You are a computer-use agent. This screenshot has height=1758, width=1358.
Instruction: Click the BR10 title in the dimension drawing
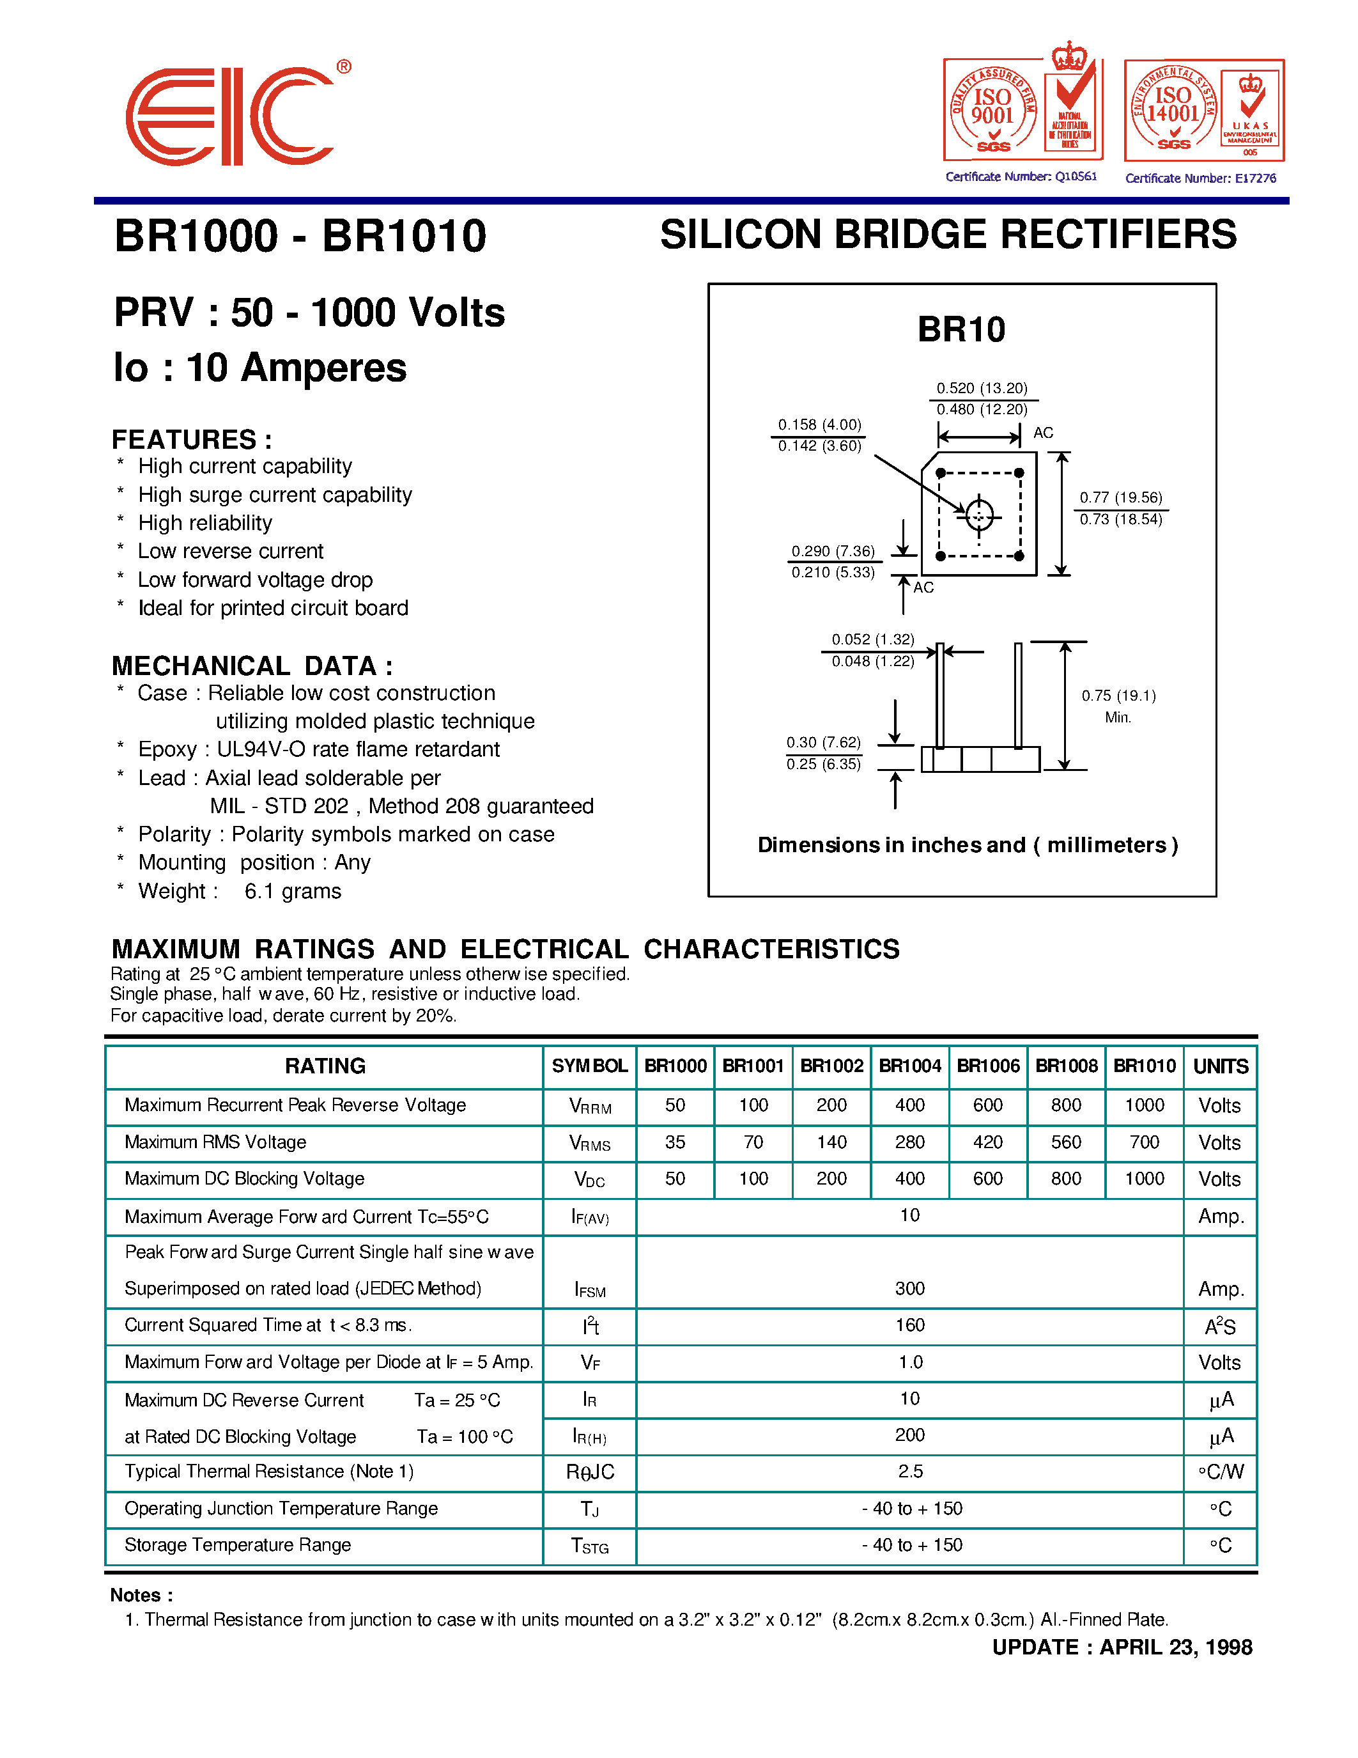961,330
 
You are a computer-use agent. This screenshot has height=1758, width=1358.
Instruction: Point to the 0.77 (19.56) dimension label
1121,497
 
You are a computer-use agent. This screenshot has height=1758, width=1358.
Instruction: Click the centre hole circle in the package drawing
979,515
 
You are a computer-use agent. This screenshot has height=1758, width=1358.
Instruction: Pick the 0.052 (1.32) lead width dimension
873,640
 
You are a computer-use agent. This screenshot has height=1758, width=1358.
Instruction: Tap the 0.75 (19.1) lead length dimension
1118,696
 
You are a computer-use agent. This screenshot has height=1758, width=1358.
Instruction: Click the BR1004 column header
910,1066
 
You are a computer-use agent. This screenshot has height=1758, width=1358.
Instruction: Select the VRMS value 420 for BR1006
988,1142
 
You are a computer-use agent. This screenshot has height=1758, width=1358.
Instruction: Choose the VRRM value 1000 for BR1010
1144,1105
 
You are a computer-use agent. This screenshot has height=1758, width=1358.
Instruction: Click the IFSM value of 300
910,1289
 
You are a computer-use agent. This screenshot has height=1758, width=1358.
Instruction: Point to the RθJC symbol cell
590,1472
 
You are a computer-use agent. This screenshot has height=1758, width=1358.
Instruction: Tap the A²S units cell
1219,1326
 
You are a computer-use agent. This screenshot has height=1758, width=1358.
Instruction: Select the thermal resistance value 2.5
910,1472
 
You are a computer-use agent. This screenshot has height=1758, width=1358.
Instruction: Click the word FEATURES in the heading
184,440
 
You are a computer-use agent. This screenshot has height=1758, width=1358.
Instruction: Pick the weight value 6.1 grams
293,891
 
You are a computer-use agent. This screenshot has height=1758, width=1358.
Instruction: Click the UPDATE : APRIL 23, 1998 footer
1122,1647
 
